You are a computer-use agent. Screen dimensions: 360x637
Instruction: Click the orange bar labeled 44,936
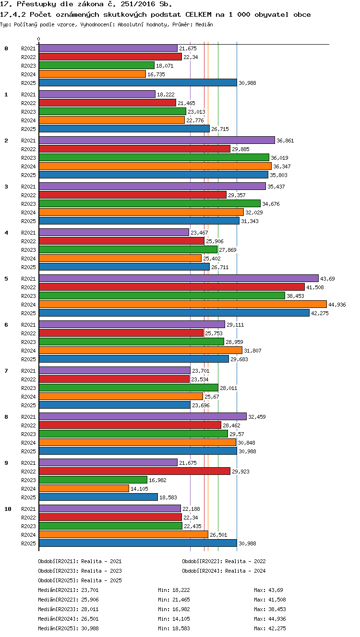point(183,304)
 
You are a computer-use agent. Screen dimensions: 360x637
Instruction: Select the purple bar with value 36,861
point(157,140)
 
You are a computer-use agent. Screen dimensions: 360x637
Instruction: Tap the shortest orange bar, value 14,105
point(84,489)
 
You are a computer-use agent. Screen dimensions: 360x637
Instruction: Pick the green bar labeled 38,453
point(162,296)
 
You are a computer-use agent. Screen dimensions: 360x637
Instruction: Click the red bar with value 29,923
point(134,471)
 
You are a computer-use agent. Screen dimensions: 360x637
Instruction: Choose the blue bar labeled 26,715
point(124,129)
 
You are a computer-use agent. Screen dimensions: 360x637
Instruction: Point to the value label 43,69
point(327,279)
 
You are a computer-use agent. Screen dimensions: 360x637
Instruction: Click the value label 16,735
point(156,74)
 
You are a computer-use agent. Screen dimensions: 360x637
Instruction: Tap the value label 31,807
point(252,351)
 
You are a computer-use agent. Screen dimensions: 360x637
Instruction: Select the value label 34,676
point(271,204)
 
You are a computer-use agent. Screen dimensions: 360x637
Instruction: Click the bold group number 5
point(6,279)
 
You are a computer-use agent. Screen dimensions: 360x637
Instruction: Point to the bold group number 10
point(8,509)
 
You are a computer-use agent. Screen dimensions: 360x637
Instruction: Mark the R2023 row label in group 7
point(28,388)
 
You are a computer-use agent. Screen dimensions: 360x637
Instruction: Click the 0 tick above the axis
point(39,39)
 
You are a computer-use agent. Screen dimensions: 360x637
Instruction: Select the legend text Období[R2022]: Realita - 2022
point(224,561)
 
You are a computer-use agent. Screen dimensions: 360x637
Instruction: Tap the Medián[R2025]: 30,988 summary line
point(68,628)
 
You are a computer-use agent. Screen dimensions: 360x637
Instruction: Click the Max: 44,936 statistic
point(270,619)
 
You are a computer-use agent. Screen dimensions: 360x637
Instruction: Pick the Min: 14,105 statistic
point(174,619)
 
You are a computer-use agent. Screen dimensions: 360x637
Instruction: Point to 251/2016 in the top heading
point(138,4)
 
